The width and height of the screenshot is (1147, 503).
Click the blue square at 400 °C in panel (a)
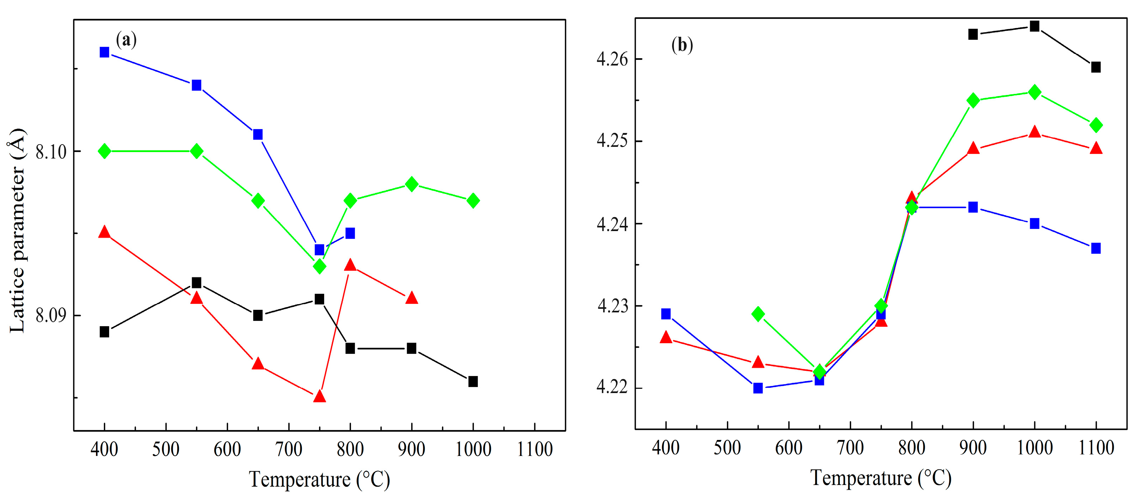pyautogui.click(x=104, y=52)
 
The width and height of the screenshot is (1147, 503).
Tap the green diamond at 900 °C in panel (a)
pyautogui.click(x=411, y=184)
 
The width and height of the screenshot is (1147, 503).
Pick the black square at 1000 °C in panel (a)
pyautogui.click(x=473, y=381)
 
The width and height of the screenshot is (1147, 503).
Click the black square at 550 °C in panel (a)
pyautogui.click(x=196, y=283)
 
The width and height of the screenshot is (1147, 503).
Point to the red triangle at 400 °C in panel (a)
pyautogui.click(x=104, y=232)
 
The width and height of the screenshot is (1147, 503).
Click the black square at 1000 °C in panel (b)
pyautogui.click(x=1034, y=26)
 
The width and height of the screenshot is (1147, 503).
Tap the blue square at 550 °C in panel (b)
pyautogui.click(x=758, y=388)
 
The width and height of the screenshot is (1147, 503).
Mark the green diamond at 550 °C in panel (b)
pyautogui.click(x=758, y=314)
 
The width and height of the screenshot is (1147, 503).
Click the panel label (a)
pyautogui.click(x=126, y=40)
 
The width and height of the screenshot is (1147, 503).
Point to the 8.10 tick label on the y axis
pyautogui.click(x=51, y=152)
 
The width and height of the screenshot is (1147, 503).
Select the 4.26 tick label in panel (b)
pyautogui.click(x=612, y=59)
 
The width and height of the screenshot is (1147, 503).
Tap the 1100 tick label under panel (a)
pyautogui.click(x=534, y=449)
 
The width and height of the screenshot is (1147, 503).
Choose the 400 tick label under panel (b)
pyautogui.click(x=666, y=448)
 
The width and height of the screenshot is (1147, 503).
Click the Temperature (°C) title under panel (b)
pyautogui.click(x=880, y=479)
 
